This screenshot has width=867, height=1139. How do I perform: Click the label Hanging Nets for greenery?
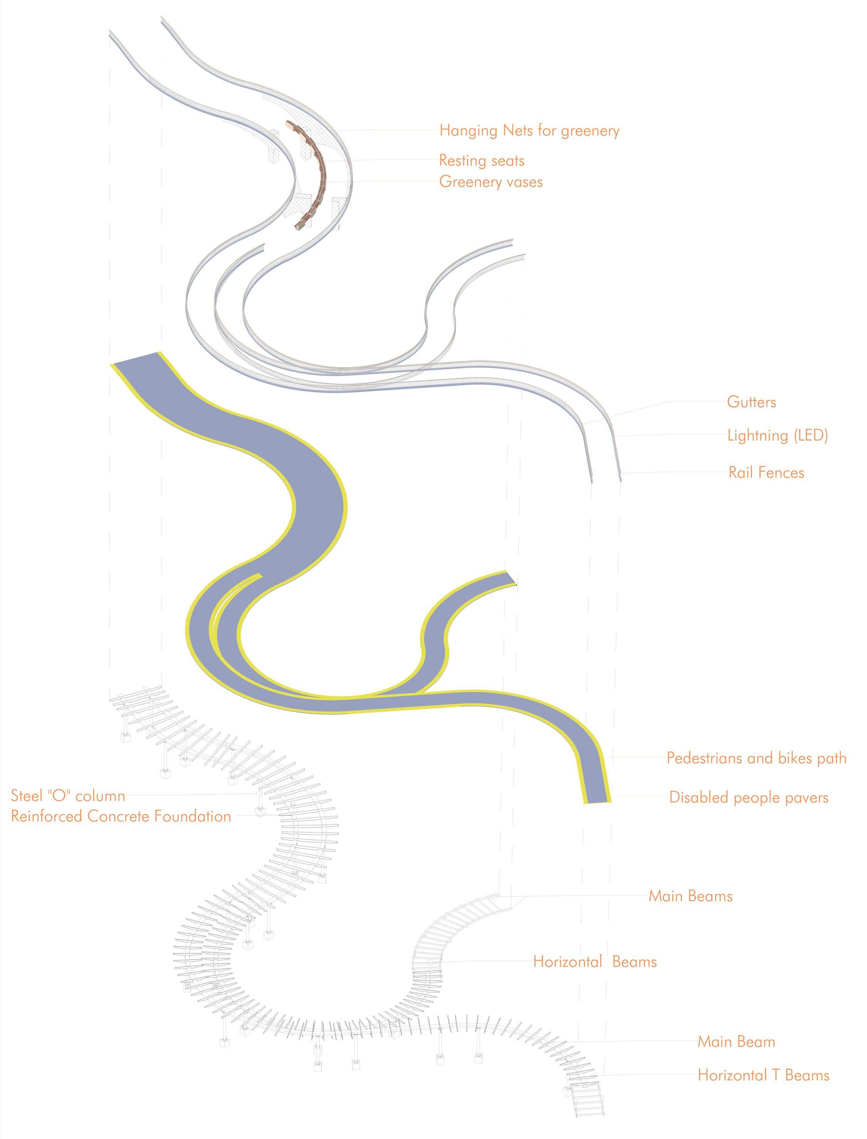[x=529, y=131]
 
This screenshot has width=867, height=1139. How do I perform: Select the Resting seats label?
[x=482, y=161]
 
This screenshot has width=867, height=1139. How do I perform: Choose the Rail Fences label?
[x=766, y=473]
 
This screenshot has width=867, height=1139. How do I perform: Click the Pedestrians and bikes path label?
[x=756, y=758]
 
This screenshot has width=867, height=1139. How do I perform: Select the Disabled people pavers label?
[x=749, y=797]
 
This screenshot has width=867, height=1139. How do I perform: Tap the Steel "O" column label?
[x=68, y=796]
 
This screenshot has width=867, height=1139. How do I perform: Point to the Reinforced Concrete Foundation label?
[x=121, y=816]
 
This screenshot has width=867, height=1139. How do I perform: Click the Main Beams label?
[x=691, y=896]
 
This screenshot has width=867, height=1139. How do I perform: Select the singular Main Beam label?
[x=736, y=1042]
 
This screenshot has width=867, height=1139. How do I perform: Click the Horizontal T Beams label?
[x=764, y=1075]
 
